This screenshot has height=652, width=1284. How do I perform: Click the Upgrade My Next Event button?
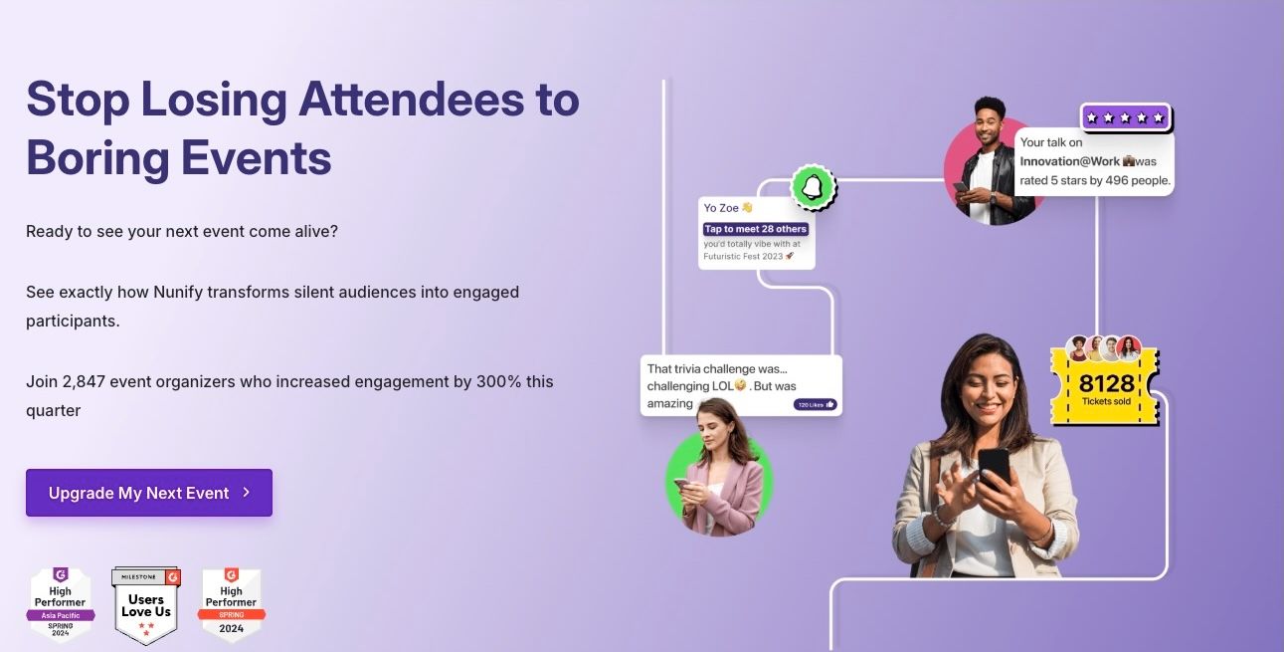coord(148,493)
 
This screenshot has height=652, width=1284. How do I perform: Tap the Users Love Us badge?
coord(146,605)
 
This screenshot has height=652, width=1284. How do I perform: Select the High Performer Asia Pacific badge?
coord(61,604)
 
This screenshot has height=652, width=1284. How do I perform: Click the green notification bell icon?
coord(813,187)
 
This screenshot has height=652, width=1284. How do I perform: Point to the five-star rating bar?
coord(1125,117)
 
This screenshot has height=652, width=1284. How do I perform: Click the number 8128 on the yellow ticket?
coord(1106,384)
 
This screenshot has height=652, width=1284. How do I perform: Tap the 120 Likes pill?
coord(815,404)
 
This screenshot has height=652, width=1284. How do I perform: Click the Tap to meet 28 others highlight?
coord(756,229)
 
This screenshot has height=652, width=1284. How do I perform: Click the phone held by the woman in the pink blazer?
coord(681,485)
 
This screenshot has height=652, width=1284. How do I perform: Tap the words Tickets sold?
coord(1106,402)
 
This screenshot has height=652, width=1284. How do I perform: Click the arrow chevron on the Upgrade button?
coord(247,493)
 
